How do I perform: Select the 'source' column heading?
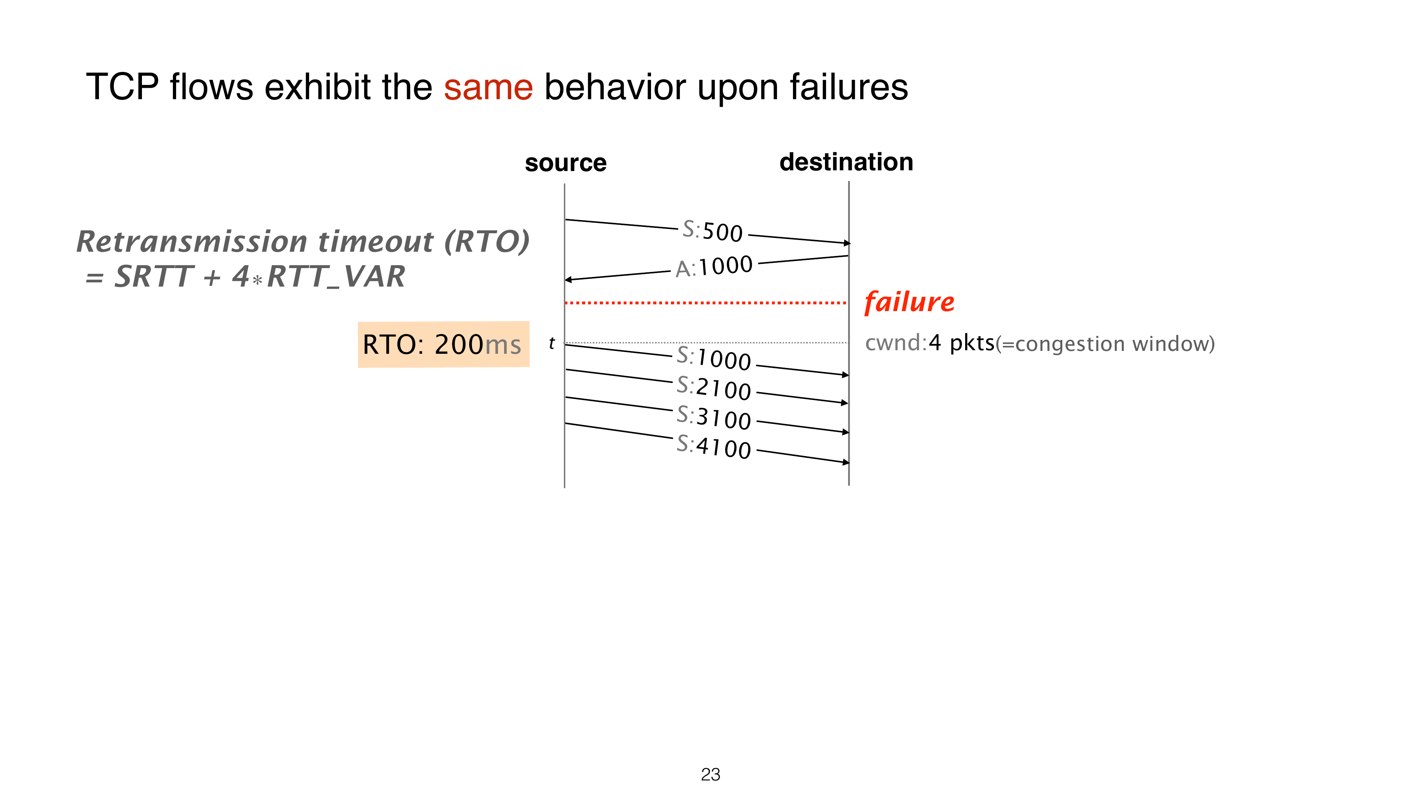(x=566, y=163)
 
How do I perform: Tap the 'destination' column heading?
(x=846, y=162)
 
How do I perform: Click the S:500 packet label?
(x=713, y=231)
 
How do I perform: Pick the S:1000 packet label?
(x=714, y=358)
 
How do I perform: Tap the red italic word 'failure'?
(x=909, y=302)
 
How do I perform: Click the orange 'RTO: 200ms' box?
(x=444, y=344)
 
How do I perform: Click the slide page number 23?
(x=710, y=775)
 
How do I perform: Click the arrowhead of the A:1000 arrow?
(x=568, y=280)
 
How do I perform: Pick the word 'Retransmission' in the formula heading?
(x=192, y=241)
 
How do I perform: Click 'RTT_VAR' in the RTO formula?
(x=336, y=277)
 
